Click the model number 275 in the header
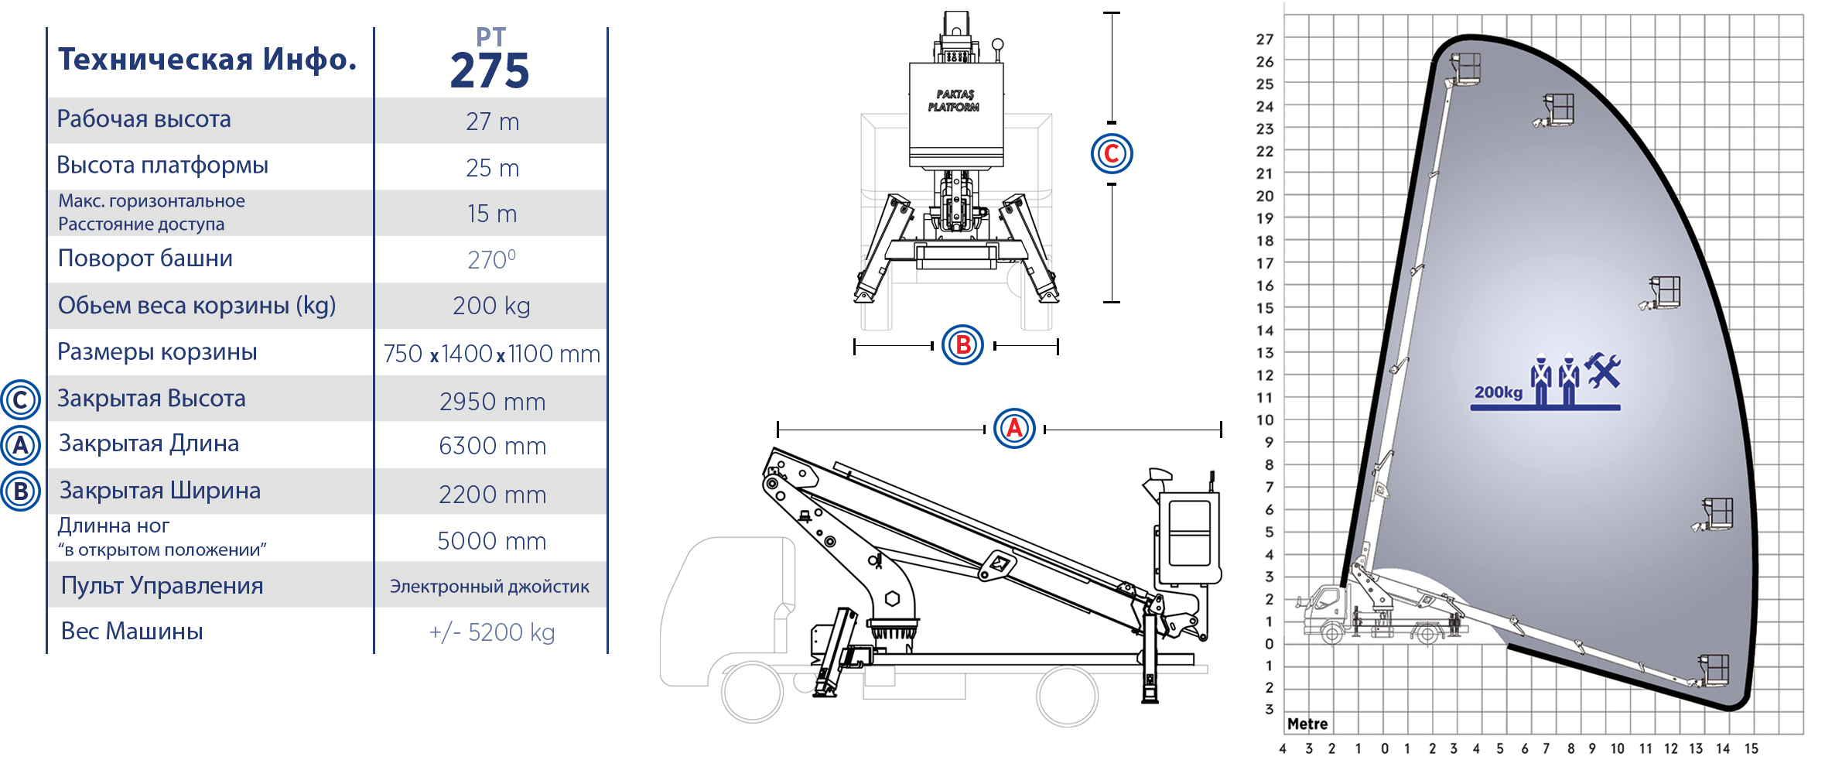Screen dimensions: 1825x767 (x=490, y=71)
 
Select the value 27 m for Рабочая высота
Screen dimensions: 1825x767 (x=492, y=122)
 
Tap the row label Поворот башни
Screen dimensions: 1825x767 (x=145, y=258)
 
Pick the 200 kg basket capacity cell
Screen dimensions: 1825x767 (x=491, y=306)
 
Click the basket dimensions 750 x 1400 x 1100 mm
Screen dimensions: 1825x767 (x=492, y=354)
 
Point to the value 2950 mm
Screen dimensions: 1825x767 (x=492, y=402)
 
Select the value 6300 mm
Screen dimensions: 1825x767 (x=492, y=446)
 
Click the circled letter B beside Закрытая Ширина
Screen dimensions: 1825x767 (x=21, y=491)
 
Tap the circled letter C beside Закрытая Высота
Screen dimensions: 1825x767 (x=21, y=400)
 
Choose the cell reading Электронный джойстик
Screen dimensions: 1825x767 (x=490, y=586)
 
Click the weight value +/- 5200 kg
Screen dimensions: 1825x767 (x=492, y=632)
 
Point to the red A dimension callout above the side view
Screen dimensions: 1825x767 (x=1014, y=428)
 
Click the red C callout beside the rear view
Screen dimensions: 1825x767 (x=1112, y=153)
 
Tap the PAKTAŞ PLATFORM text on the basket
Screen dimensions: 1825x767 (x=954, y=101)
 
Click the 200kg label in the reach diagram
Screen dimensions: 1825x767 (x=1499, y=392)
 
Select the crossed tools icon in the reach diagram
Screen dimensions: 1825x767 (x=1602, y=370)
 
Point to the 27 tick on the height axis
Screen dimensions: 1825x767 (x=1265, y=39)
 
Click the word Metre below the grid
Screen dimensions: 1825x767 (x=1307, y=724)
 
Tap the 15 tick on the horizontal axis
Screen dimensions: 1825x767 (x=1752, y=748)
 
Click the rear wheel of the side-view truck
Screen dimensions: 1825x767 (x=1067, y=696)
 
